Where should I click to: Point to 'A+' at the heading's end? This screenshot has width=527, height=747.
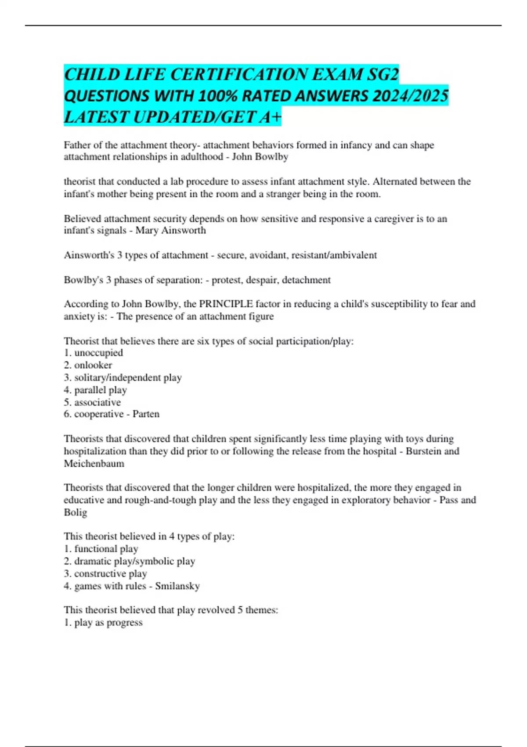271,117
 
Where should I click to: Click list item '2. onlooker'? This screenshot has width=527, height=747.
88,365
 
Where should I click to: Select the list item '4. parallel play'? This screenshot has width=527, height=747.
95,390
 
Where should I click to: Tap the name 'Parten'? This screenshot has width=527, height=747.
146,414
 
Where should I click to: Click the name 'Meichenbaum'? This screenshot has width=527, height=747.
94,464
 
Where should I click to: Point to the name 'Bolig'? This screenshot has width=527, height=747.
76,512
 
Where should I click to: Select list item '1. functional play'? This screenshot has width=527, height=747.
101,549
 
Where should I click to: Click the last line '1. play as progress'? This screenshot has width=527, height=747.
103,623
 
